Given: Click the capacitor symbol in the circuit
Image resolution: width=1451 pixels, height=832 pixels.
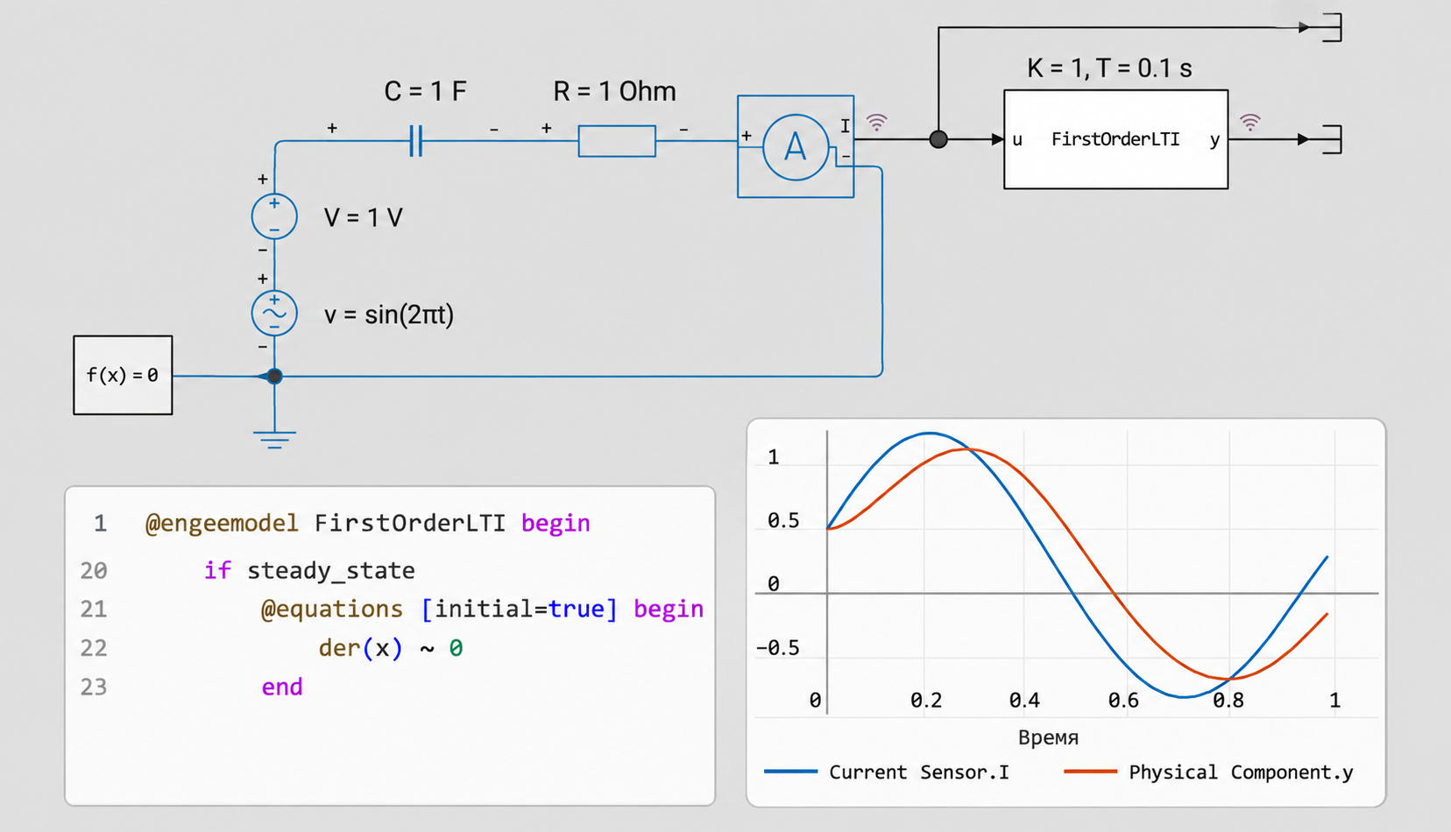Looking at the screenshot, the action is (416, 140).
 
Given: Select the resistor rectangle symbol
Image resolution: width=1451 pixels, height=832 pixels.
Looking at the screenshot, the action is (617, 141).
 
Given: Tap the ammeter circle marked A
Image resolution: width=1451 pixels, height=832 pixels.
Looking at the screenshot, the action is (796, 147).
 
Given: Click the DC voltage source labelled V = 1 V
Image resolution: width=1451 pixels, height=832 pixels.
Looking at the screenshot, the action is (274, 216).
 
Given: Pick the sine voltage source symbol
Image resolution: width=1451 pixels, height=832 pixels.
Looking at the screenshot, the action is (274, 314).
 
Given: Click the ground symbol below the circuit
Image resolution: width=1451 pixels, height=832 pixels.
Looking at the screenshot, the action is (274, 439).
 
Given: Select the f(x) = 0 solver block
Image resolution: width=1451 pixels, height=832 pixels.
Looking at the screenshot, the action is (123, 375).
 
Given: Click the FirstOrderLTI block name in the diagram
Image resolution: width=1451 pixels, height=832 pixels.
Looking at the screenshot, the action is (1115, 139).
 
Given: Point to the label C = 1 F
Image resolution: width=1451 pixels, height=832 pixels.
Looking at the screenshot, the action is (426, 91).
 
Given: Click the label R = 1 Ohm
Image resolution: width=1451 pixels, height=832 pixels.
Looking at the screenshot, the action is (614, 91).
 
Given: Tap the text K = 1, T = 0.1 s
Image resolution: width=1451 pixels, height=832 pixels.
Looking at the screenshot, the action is (1109, 68).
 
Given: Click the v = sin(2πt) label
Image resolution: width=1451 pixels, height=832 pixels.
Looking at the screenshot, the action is (389, 314).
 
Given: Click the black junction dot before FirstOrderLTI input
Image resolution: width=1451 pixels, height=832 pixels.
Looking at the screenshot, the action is (938, 139).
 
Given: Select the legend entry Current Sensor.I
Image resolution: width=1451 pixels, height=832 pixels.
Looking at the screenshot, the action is (887, 772).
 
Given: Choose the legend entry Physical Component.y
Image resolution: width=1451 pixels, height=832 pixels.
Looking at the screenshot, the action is (1209, 772).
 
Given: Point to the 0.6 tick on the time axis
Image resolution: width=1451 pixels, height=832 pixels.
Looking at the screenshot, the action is (1123, 700).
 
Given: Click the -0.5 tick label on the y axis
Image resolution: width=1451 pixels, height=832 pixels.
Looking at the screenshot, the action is (777, 648).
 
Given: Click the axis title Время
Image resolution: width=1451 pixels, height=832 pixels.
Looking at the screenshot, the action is (1048, 737).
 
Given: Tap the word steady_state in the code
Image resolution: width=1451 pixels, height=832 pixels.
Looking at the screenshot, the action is (331, 571).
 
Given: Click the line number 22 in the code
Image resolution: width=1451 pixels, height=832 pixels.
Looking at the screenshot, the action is (94, 648).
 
